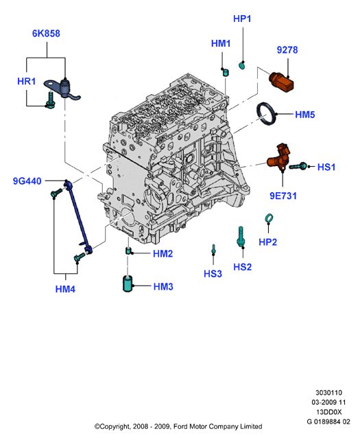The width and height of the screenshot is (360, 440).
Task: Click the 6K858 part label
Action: pyautogui.click(x=46, y=34)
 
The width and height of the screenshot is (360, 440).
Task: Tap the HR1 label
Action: pyautogui.click(x=26, y=82)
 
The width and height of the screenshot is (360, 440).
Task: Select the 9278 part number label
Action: pyautogui.click(x=287, y=50)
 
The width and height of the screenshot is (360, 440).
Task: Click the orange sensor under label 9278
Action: pyautogui.click(x=282, y=82)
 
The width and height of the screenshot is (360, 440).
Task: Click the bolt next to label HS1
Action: pyautogui.click(x=298, y=166)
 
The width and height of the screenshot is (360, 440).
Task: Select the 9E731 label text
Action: pyautogui.click(x=283, y=196)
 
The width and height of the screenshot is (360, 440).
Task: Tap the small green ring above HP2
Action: pyautogui.click(x=269, y=218)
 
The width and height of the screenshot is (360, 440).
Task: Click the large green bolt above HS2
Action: pyautogui.click(x=241, y=237)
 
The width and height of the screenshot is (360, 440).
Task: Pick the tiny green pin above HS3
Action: pyautogui.click(x=213, y=249)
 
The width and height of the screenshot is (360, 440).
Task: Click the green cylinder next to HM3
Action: pyautogui.click(x=128, y=284)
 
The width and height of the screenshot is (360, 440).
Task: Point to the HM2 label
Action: pyautogui.click(x=163, y=254)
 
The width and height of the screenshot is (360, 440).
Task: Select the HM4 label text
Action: pyautogui.click(x=65, y=289)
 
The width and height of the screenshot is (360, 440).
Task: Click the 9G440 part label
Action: pyautogui.click(x=27, y=181)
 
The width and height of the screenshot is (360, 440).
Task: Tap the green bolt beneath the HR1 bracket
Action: pyautogui.click(x=51, y=100)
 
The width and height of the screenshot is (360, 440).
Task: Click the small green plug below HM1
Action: pyautogui.click(x=226, y=72)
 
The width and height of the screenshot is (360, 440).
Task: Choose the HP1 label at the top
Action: pyautogui.click(x=242, y=19)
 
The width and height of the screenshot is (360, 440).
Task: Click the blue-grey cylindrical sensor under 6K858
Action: pyautogui.click(x=65, y=88)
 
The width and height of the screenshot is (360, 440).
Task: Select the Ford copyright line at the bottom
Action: pyautogui.click(x=178, y=426)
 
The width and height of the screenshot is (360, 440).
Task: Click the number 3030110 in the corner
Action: pyautogui.click(x=328, y=393)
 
